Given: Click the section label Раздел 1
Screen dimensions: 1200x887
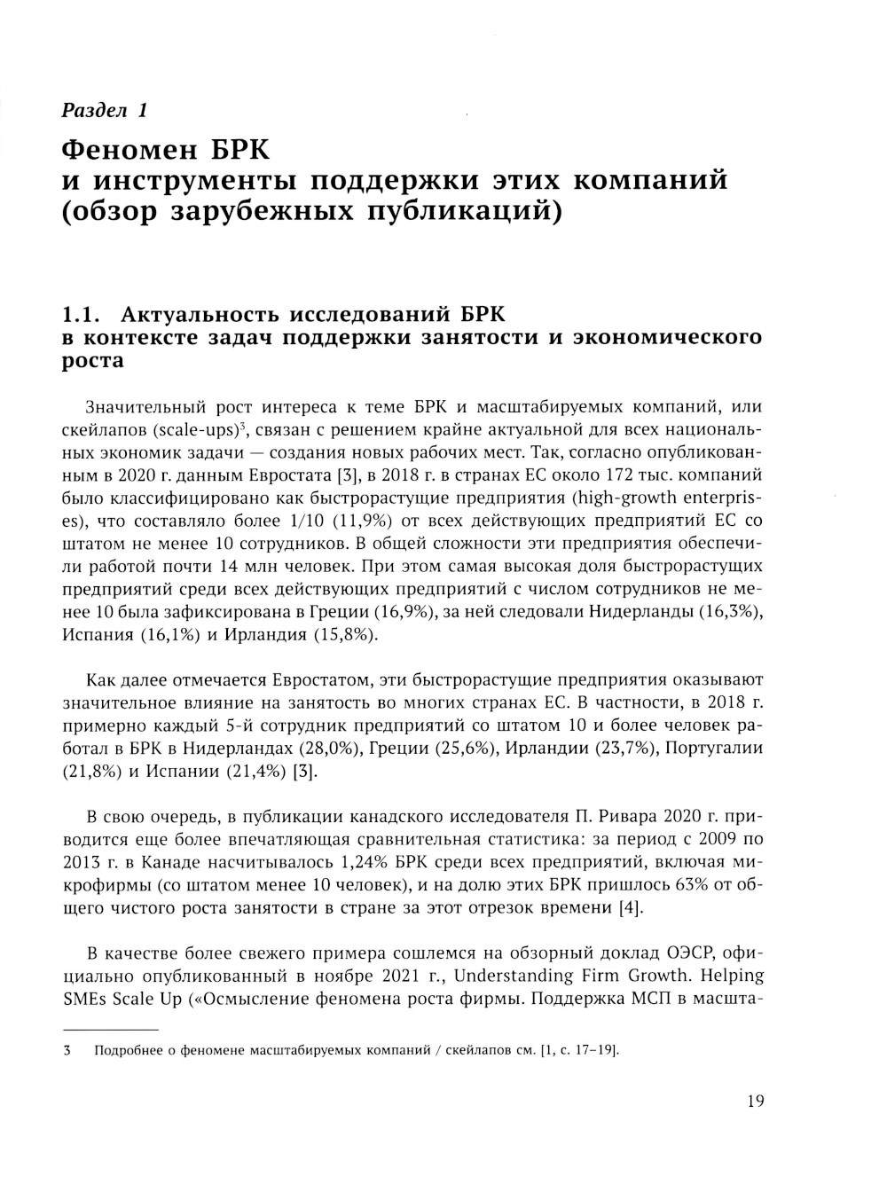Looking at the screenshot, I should tap(104, 111).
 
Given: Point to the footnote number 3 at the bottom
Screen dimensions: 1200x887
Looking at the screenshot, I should tap(66, 1051).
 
